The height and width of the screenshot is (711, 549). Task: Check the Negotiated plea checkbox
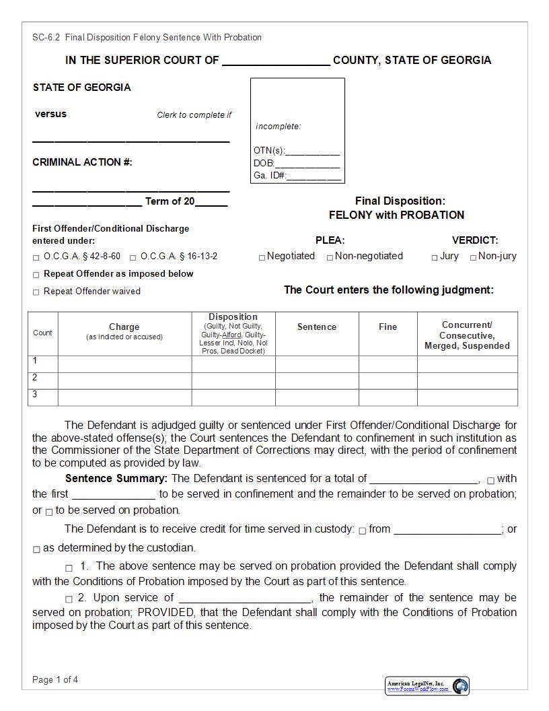tap(262, 257)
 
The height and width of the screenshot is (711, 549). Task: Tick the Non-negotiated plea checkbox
tap(330, 257)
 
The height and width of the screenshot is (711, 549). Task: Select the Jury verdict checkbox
tap(435, 257)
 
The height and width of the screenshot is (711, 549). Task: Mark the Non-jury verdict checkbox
tap(473, 257)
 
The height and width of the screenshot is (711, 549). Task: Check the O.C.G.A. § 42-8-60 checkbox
tap(36, 257)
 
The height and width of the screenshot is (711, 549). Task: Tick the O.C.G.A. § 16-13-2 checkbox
tap(133, 257)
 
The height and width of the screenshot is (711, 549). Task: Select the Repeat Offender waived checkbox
tap(36, 292)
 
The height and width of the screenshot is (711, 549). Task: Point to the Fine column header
tap(388, 327)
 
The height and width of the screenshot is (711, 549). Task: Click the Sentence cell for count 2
tap(316, 380)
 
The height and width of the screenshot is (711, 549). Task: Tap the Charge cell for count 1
tap(124, 364)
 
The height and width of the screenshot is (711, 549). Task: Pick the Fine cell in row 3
tap(388, 397)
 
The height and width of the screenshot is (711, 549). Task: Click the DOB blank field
tap(307, 164)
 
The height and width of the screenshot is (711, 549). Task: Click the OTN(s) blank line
tap(313, 151)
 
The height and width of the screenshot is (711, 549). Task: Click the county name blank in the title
tap(276, 61)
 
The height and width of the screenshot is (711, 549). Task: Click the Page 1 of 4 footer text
tap(55, 679)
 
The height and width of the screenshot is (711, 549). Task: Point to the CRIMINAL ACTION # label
tap(82, 162)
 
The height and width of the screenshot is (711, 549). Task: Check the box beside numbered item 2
tap(69, 599)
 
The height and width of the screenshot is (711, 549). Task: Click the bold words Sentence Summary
tap(116, 479)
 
